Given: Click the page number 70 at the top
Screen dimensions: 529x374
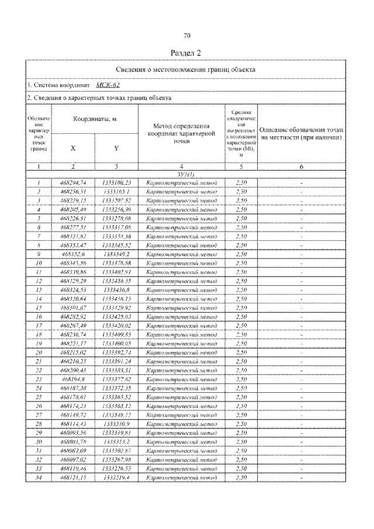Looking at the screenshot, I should coord(187,36).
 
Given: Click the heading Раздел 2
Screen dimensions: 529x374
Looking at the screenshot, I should coord(186,53).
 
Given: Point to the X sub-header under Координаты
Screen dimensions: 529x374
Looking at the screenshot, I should coord(73,148).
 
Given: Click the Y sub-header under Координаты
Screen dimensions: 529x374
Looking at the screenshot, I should coord(116,148).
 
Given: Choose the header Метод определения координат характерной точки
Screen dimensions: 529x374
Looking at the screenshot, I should coord(182,133).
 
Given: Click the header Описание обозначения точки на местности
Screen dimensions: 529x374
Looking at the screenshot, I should coord(300,133).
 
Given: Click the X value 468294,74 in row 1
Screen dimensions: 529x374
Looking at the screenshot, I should coord(73,183).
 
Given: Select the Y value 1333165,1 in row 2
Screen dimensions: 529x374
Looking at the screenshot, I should coord(116,192).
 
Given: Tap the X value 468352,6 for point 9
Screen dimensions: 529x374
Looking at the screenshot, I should coord(73,254).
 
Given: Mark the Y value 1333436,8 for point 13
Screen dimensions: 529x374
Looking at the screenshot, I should coord(116,290).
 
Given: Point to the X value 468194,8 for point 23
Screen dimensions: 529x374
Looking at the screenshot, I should coord(73,379).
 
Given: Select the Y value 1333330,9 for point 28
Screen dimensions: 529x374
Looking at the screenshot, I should coord(116,424).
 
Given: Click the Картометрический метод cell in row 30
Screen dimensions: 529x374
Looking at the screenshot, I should coord(182,442).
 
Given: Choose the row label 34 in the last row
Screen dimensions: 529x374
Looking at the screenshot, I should coord(38,478).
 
